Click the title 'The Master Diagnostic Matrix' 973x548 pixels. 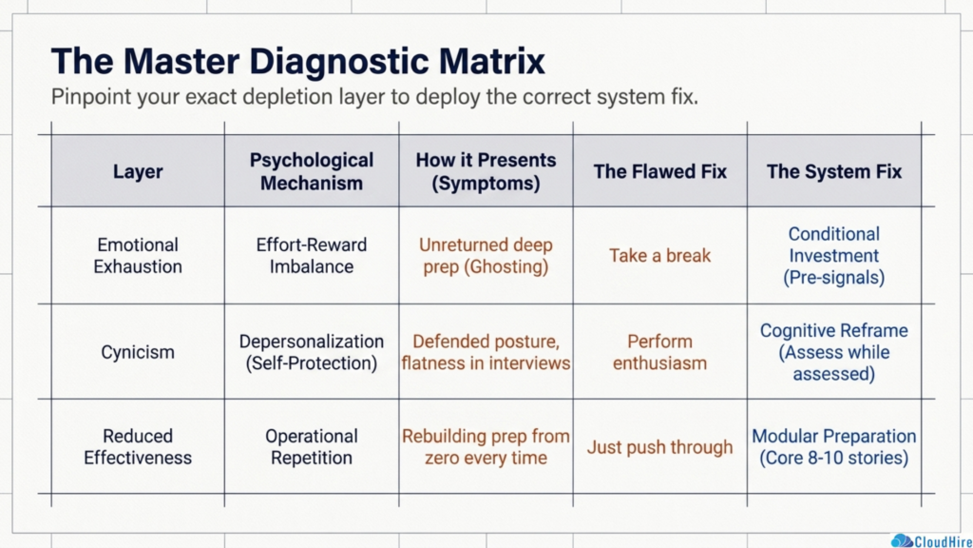297,62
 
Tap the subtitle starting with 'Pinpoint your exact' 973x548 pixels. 374,97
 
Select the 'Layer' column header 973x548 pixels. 138,171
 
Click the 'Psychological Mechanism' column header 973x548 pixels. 312,171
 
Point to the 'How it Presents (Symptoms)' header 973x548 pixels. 486,171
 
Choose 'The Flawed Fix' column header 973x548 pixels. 659,171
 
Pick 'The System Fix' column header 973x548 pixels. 834,171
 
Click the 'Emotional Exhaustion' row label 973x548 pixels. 138,255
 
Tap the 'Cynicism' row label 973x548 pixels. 138,352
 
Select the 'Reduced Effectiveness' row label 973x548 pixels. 138,447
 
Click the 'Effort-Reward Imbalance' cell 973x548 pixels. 312,255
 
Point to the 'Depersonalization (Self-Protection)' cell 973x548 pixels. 312,352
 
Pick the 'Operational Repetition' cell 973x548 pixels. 312,447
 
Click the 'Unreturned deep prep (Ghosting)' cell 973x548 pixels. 486,255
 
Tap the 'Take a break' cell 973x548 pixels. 659,255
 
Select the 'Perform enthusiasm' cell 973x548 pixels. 659,352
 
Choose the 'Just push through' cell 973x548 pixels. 659,447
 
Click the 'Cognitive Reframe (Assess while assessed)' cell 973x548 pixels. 834,352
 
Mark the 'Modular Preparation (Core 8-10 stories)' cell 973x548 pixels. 834,447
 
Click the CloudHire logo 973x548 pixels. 931,541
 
